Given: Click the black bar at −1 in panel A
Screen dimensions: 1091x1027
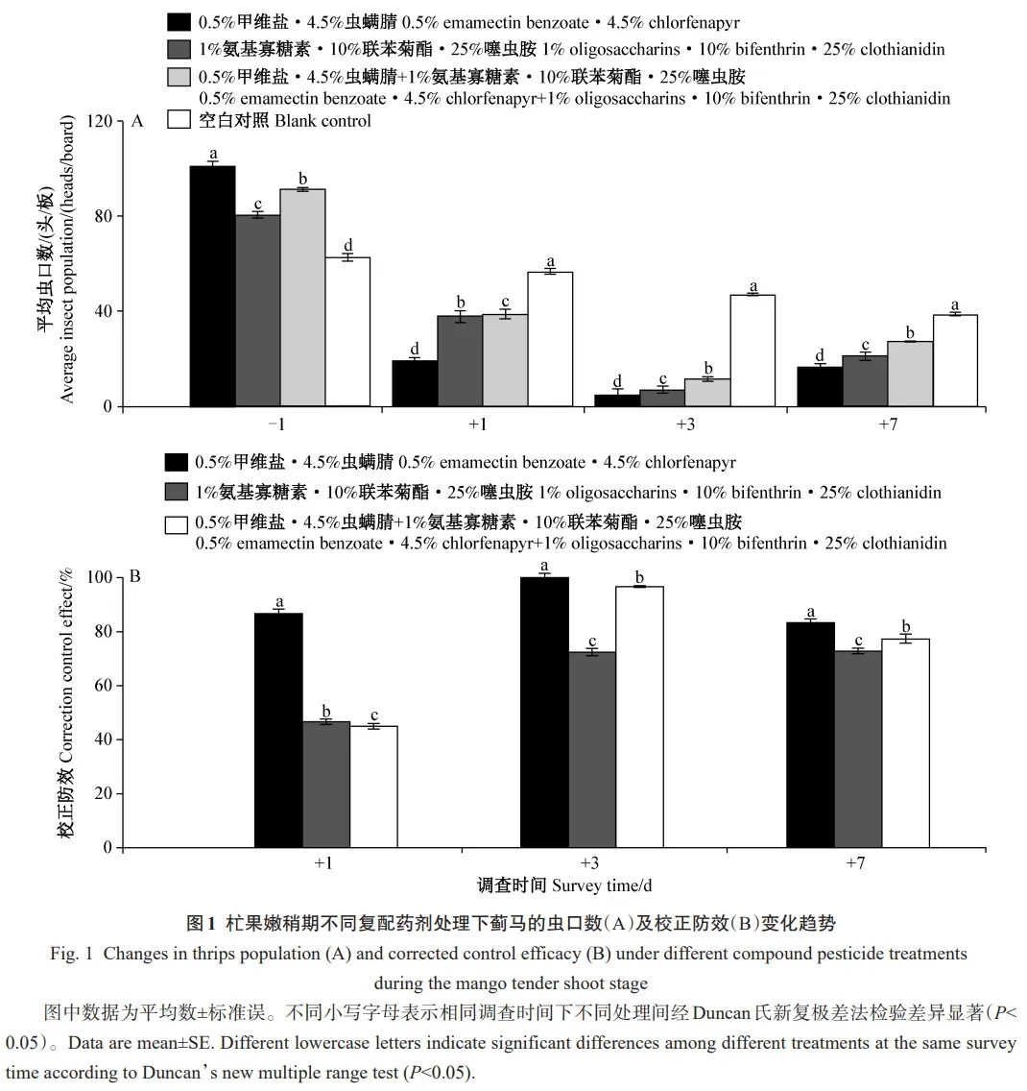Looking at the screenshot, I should (x=212, y=286).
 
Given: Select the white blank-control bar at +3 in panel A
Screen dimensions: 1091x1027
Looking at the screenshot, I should (x=752, y=351).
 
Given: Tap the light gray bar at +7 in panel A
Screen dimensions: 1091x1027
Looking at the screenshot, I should (x=910, y=374).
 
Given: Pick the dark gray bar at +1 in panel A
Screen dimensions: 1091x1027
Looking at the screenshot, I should (x=460, y=361).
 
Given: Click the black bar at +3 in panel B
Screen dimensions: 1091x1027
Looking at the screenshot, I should (x=544, y=712).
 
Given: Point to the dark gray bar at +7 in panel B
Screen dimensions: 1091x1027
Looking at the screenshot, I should (x=858, y=749).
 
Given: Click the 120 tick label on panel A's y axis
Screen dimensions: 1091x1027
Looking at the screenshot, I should (x=98, y=121).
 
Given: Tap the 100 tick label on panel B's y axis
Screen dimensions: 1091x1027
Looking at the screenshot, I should (x=100, y=577).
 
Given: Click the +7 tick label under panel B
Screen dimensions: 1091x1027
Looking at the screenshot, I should (x=856, y=863).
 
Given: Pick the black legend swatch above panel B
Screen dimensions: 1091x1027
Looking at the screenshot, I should (x=177, y=462).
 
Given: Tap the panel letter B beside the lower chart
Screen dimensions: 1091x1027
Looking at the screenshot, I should (x=135, y=577).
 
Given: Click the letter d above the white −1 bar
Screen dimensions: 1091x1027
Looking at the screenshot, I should (x=348, y=244).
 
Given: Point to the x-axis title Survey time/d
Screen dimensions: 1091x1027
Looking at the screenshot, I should (x=602, y=885).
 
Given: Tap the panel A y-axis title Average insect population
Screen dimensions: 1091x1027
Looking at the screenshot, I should (x=67, y=259).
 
